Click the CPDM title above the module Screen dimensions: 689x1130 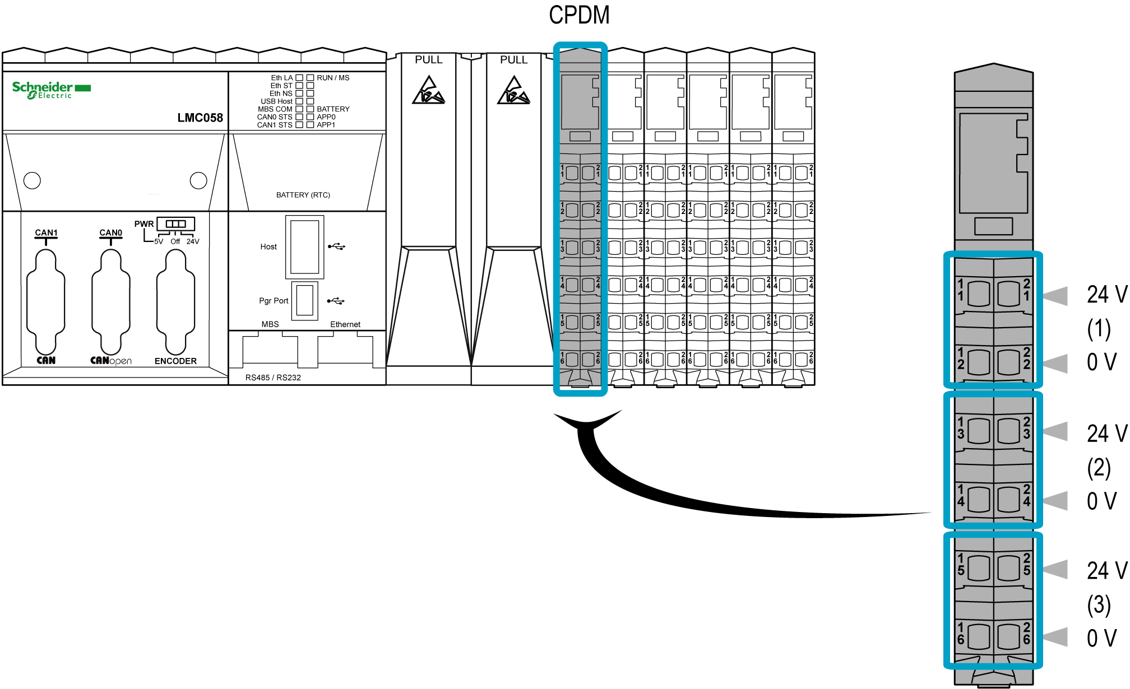[579, 15]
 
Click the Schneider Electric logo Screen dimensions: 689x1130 [51, 90]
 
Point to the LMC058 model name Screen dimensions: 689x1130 [200, 118]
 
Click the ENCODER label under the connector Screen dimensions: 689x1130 [175, 361]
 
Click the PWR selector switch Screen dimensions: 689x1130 [175, 224]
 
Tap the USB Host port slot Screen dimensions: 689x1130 [304, 246]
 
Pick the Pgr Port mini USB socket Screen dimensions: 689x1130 [304, 301]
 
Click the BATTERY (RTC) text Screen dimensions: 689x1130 [303, 195]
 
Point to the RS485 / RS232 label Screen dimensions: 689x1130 [273, 378]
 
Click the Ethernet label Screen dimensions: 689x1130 [345, 324]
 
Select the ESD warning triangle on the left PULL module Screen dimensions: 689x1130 [429, 91]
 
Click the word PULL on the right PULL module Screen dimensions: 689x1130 [513, 60]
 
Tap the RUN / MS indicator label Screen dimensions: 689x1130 [333, 78]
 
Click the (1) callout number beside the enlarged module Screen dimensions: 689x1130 [1099, 329]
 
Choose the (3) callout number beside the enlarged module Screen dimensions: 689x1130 [1099, 605]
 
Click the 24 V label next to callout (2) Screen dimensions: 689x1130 [1106, 434]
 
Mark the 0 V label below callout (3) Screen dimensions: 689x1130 [1101, 638]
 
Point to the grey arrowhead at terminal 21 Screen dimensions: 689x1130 [1055, 296]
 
